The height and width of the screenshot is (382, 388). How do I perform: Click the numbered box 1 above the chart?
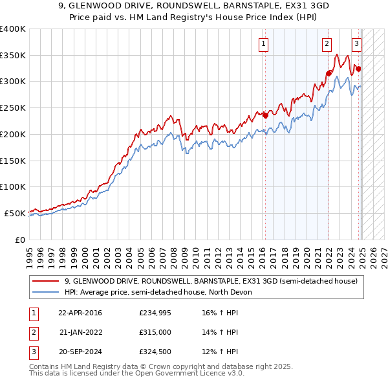pyautogui.click(x=264, y=44)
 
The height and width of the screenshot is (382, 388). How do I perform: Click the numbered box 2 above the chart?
pyautogui.click(x=327, y=44)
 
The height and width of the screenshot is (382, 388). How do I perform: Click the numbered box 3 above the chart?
pyautogui.click(x=356, y=44)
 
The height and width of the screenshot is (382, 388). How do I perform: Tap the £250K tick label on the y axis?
pyautogui.click(x=13, y=107)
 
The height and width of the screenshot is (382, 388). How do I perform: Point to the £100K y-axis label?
pyautogui.click(x=13, y=186)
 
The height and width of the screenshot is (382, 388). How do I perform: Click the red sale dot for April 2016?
pyautogui.click(x=264, y=116)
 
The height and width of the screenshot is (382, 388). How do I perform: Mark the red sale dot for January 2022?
pyautogui.click(x=329, y=73)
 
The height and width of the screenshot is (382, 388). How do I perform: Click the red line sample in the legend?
pyautogui.click(x=45, y=281)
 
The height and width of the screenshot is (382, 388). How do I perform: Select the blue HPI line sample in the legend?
pyautogui.click(x=45, y=292)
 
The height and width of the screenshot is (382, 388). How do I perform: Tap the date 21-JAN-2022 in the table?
pyautogui.click(x=80, y=332)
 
